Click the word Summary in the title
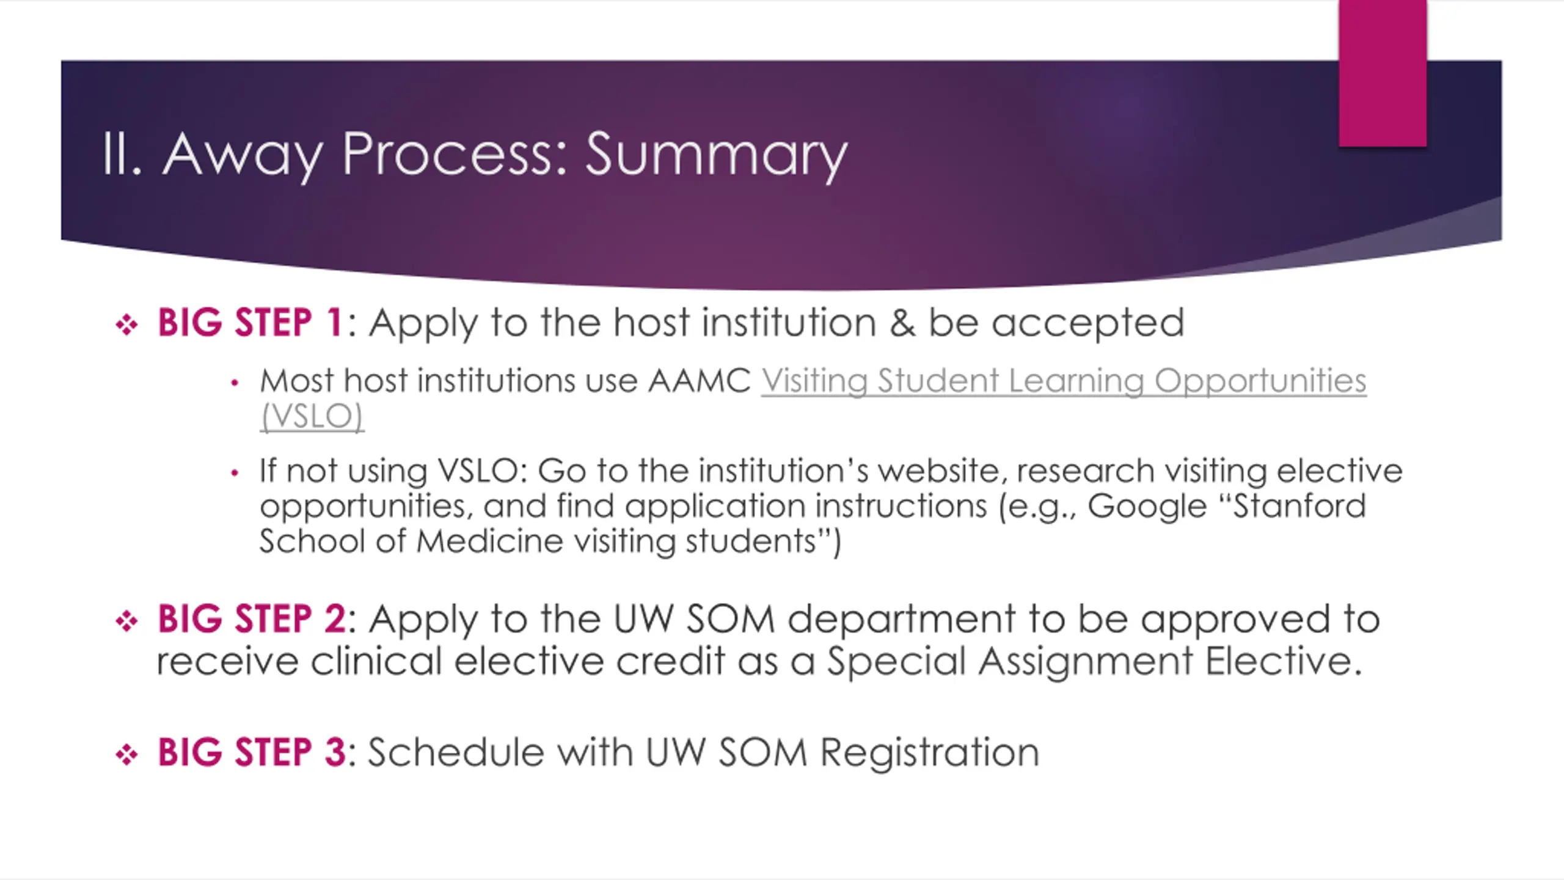(x=717, y=155)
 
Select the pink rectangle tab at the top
(x=1383, y=73)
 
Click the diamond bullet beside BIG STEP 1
(x=126, y=324)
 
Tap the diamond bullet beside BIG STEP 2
(x=126, y=621)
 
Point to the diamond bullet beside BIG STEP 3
(x=126, y=754)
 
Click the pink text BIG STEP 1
(x=250, y=322)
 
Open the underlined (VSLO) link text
(x=312, y=416)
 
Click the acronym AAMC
(x=699, y=381)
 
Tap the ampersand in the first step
(x=902, y=323)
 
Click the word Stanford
(x=1299, y=505)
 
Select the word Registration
(x=929, y=753)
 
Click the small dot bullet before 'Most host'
(x=234, y=383)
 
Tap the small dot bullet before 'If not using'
(x=234, y=472)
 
